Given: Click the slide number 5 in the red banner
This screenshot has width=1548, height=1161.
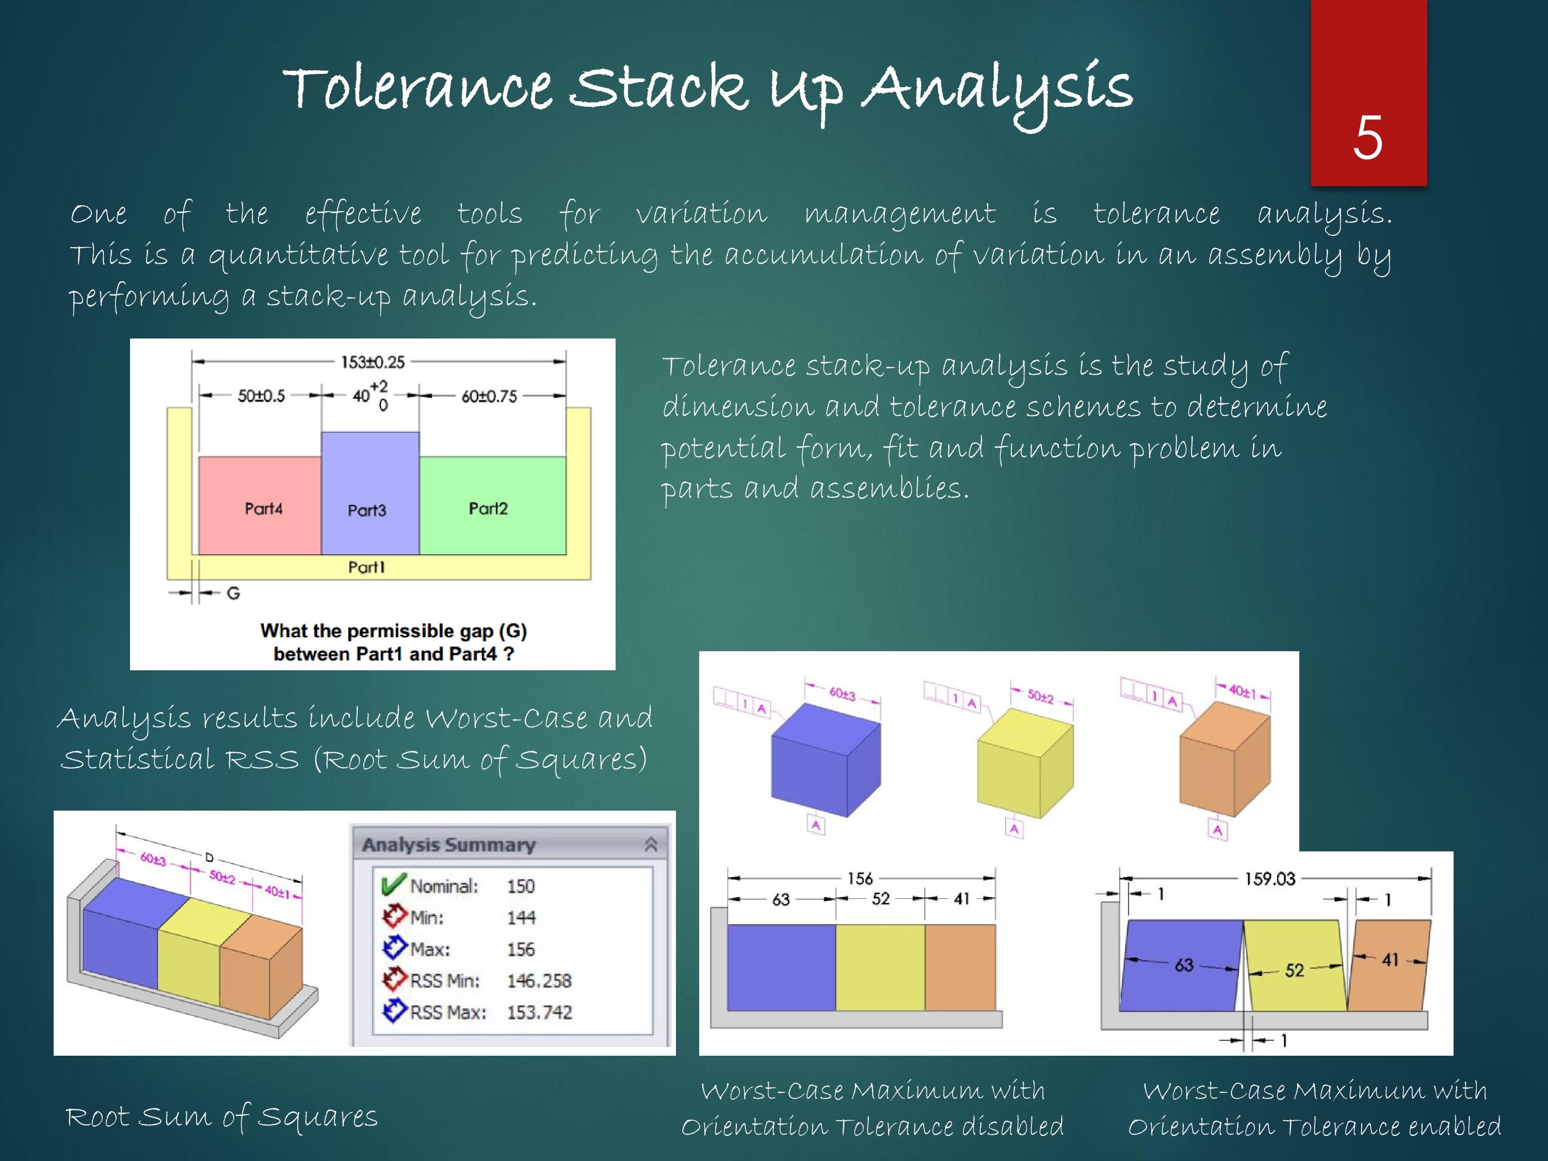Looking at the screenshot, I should coord(1367,138).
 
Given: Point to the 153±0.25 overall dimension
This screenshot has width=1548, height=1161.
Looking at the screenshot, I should coord(373,362).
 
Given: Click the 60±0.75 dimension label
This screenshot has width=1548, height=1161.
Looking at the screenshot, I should coord(489,396).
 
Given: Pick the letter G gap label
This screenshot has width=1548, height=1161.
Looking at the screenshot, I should coord(233,593).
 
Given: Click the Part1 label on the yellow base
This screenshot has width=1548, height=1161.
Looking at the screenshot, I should coord(367,567).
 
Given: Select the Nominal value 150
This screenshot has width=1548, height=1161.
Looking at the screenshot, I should coord(521,886).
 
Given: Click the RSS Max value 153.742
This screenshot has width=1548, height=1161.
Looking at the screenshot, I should coord(539,1012).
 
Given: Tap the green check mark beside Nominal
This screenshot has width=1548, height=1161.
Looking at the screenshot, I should coord(393,884).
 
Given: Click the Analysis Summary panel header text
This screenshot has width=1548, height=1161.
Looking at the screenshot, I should coord(448,845).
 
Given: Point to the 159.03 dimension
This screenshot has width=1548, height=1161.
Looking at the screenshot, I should coord(1269,878).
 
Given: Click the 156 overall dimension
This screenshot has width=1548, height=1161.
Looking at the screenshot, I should coord(860,878).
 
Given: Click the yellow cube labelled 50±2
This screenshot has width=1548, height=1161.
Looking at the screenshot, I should coord(1023,766).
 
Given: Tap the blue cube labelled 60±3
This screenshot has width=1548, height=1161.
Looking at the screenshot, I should coord(825,763).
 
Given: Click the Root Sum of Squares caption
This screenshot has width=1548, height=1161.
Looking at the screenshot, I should coord(221,1116).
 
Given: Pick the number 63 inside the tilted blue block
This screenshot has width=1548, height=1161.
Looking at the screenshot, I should coord(1183,964).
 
